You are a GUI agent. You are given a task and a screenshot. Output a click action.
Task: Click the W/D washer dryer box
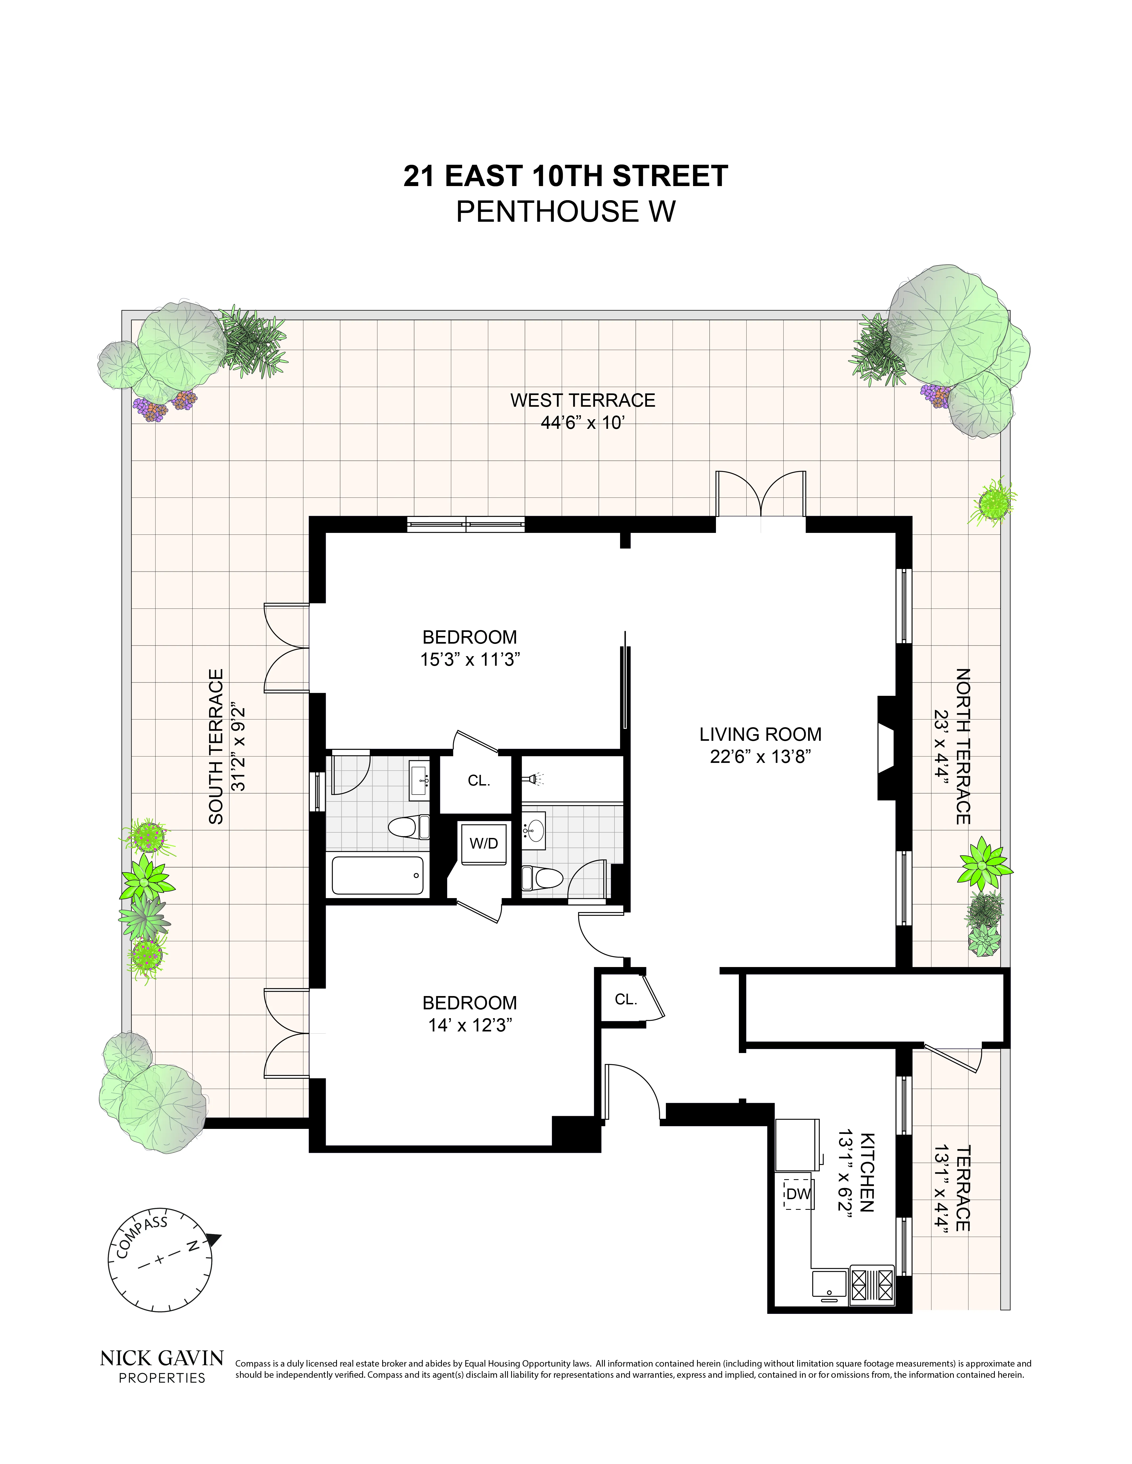pyautogui.click(x=483, y=843)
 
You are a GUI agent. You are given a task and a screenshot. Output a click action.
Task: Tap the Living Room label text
pyautogui.click(x=760, y=734)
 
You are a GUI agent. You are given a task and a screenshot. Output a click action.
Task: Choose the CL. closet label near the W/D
pyautogui.click(x=479, y=780)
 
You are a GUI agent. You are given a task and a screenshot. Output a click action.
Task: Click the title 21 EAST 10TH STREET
pyautogui.click(x=565, y=176)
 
